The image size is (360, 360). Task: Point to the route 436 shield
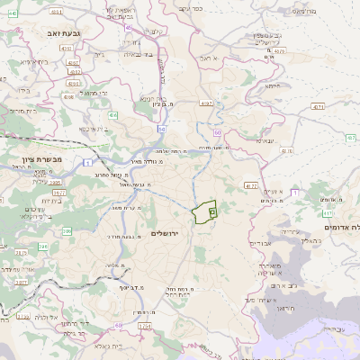[x=113, y=115]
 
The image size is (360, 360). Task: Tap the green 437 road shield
[x=350, y=137]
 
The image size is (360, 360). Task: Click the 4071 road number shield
[x=316, y=107]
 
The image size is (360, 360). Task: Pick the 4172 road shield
[x=251, y=184]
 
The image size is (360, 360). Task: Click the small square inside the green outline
[x=212, y=211]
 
